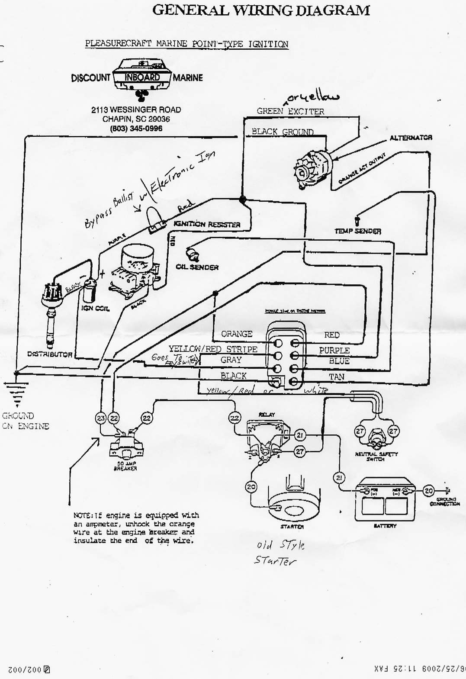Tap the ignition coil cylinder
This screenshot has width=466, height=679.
pyautogui.click(x=90, y=290)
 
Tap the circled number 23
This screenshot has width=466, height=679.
pyautogui.click(x=101, y=418)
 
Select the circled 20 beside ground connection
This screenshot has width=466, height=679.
pyautogui.click(x=428, y=491)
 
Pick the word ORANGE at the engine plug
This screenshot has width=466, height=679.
pyautogui.click(x=237, y=334)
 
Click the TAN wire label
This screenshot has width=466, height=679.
pyautogui.click(x=336, y=377)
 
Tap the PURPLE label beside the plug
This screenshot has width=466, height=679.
pyautogui.click(x=334, y=351)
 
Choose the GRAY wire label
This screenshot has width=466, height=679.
pyautogui.click(x=231, y=360)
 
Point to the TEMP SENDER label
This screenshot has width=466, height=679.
pyautogui.click(x=357, y=231)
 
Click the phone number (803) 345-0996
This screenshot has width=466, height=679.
pyautogui.click(x=136, y=129)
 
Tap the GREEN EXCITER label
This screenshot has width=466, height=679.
pyautogui.click(x=290, y=111)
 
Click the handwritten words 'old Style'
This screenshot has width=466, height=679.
pyautogui.click(x=280, y=545)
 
